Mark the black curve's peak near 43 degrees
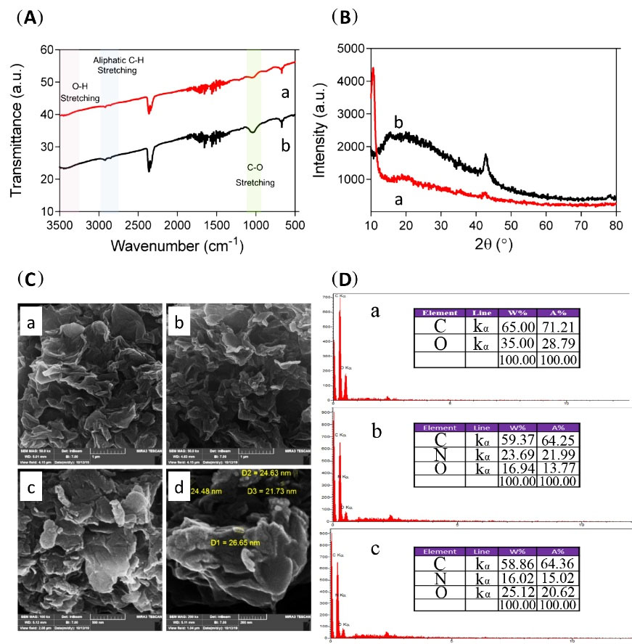[485, 156]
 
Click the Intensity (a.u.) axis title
[319, 130]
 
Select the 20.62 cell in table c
[557, 593]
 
